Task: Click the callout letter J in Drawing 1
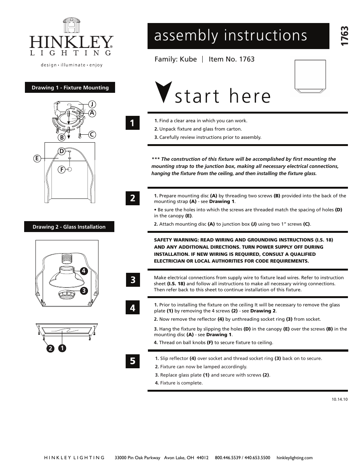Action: [91, 104]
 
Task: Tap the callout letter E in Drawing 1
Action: [37, 159]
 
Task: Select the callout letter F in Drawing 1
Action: [61, 170]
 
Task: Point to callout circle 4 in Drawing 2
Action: [83, 271]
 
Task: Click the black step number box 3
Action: [132, 280]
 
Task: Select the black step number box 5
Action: [132, 361]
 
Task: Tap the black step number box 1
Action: [132, 123]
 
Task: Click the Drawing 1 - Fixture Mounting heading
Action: [70, 88]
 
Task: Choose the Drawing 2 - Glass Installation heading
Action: [69, 227]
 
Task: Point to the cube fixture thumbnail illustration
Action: [310, 76]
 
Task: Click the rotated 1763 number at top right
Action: [344, 37]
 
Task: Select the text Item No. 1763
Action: [231, 59]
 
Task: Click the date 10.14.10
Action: [340, 399]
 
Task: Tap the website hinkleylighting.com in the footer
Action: [294, 458]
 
